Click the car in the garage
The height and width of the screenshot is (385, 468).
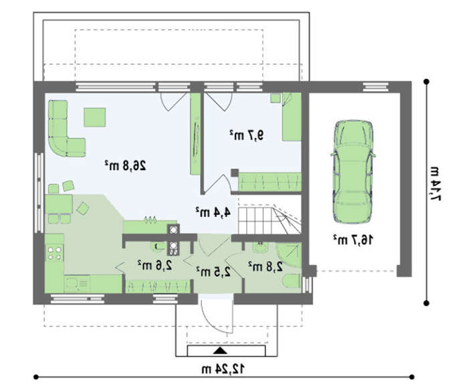352,172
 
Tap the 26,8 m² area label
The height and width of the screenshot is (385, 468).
126,165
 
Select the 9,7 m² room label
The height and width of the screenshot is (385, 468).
247,135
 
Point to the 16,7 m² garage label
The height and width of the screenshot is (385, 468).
353,240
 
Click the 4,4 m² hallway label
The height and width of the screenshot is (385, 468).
213,212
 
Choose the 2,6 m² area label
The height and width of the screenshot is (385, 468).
155,265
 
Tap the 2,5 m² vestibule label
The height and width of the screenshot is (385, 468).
214,271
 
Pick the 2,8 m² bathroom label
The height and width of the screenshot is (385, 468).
265,266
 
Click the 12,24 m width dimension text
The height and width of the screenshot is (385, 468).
223,370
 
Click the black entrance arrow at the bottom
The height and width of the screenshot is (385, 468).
220,350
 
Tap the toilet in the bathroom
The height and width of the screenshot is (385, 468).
291,281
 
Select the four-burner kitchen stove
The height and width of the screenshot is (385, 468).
54,253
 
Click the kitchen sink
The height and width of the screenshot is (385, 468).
77,284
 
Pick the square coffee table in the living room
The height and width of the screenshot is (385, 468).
95,117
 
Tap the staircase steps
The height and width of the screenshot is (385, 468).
269,220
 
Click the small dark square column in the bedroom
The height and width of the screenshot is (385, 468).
235,173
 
